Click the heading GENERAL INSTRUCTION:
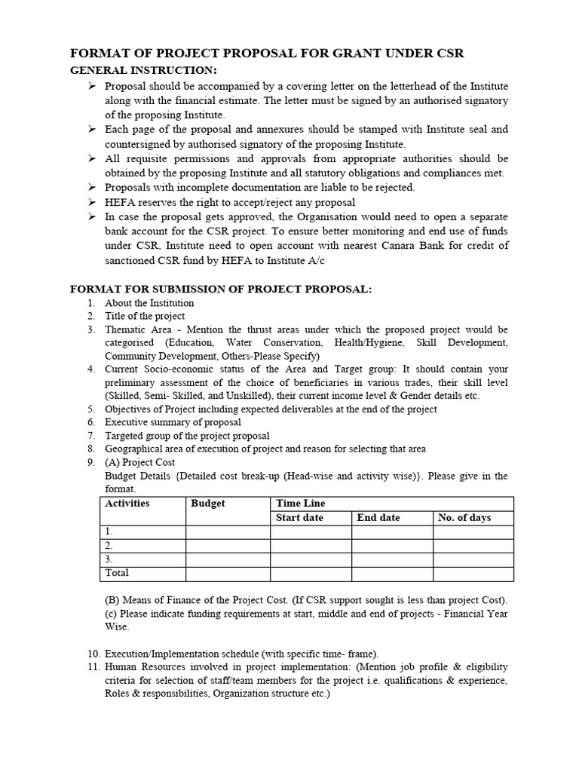[143, 70]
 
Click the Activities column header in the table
[127, 504]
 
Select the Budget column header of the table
[208, 504]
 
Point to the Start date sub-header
[301, 518]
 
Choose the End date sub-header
[378, 518]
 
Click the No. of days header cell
[464, 518]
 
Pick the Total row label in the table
[118, 573]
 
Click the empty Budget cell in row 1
[228, 532]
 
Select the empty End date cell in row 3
[391, 559]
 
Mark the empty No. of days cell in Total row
[473, 574]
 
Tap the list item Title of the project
[145, 316]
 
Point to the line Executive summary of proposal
[173, 422]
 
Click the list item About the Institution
[149, 303]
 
